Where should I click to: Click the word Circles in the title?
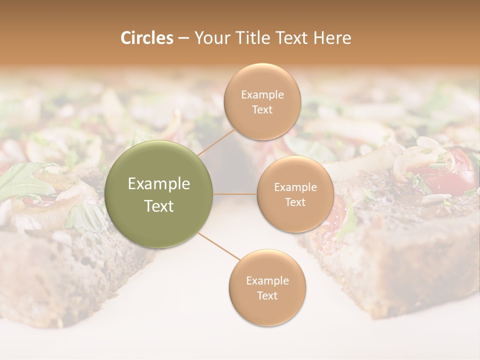tap(147, 38)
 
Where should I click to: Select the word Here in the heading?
tap(332, 38)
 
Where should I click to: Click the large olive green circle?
tap(159, 194)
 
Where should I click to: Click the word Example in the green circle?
tap(159, 184)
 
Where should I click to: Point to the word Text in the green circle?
tap(159, 206)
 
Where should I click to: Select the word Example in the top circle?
tap(262, 95)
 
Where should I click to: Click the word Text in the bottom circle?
tap(267, 295)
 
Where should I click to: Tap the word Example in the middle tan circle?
tap(295, 187)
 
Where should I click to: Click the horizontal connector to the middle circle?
tap(235, 194)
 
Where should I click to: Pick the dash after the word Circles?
tap(183, 38)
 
